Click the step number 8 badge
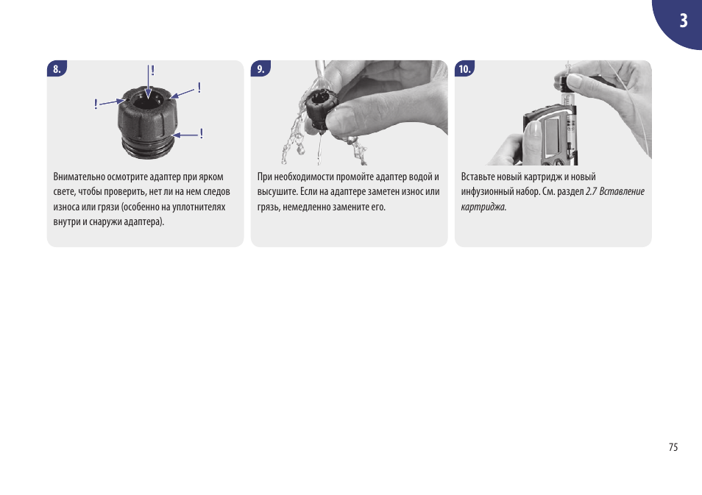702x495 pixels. (x=57, y=68)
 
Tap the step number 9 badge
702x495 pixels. (x=260, y=68)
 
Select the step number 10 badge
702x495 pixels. (x=465, y=68)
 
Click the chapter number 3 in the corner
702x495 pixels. (x=683, y=21)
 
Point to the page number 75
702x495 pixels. (x=673, y=447)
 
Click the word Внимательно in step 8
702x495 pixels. (x=79, y=177)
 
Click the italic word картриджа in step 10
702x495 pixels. (x=483, y=207)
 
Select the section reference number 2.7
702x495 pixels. (x=591, y=191)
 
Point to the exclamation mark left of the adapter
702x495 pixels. (x=96, y=104)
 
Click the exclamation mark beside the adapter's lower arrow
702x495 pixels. (x=202, y=133)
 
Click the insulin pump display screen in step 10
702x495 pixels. (x=554, y=133)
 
